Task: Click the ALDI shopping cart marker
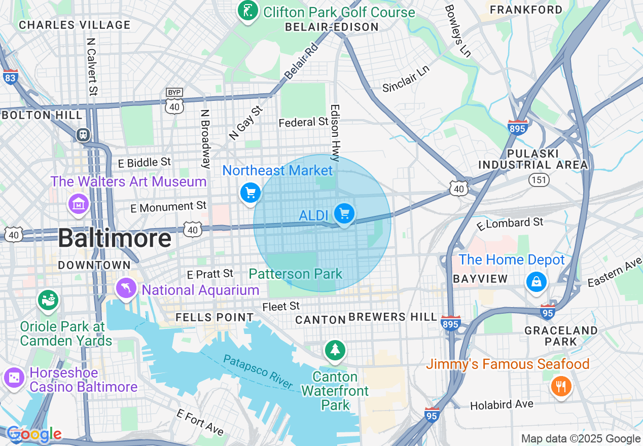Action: pyautogui.click(x=345, y=214)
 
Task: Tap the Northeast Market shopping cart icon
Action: pyautogui.click(x=250, y=193)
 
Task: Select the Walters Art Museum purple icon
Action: pyautogui.click(x=79, y=204)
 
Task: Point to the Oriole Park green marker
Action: pyautogui.click(x=49, y=300)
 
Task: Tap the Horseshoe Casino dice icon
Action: pyautogui.click(x=14, y=378)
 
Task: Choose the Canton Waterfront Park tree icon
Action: pyautogui.click(x=335, y=350)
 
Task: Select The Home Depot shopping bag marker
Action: pyautogui.click(x=537, y=281)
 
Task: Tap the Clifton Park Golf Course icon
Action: pyautogui.click(x=248, y=11)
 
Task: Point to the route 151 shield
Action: pyautogui.click(x=538, y=180)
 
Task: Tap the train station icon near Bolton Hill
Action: pyautogui.click(x=83, y=135)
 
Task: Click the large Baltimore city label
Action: pyautogui.click(x=114, y=238)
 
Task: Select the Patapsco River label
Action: pyautogui.click(x=258, y=371)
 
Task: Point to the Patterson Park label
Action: pyautogui.click(x=296, y=274)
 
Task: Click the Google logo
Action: pyautogui.click(x=34, y=434)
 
